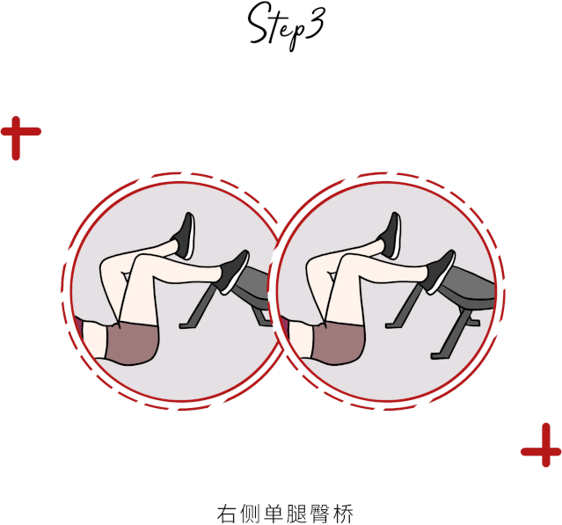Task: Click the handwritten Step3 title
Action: [287, 26]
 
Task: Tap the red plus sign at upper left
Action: [21, 138]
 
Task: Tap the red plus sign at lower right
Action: [541, 445]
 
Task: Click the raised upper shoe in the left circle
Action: [185, 236]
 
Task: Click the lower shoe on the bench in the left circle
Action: [234, 271]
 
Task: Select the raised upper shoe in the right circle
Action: [391, 236]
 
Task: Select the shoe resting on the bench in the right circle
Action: [440, 271]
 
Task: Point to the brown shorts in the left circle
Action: [132, 343]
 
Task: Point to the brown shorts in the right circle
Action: [338, 343]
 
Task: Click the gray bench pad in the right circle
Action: [470, 287]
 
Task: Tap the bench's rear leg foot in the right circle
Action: [436, 356]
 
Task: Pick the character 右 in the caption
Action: [227, 514]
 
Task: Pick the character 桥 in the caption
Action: [343, 514]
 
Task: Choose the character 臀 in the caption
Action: [320, 514]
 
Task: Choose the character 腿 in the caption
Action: [296, 514]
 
